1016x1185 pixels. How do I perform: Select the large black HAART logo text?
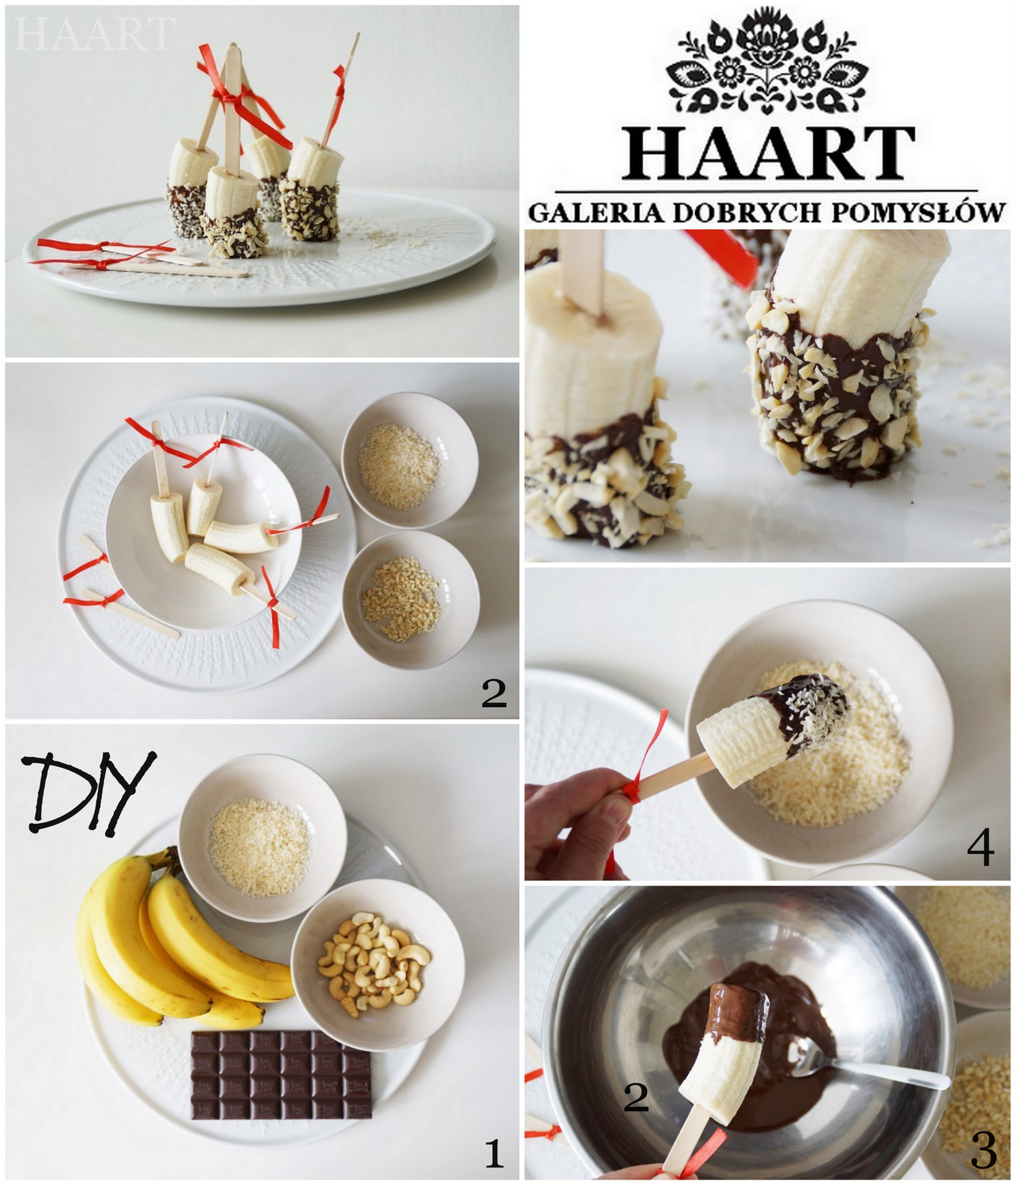(768, 153)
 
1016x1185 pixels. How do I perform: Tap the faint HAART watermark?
(95, 34)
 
